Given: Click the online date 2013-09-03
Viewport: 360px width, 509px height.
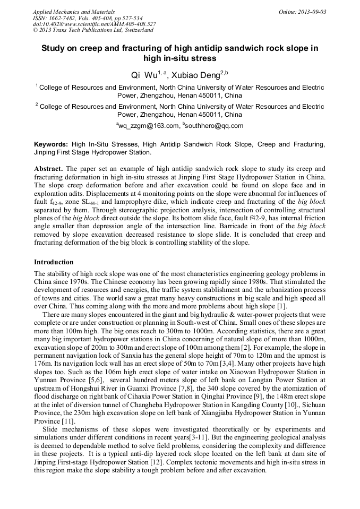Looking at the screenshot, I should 310,11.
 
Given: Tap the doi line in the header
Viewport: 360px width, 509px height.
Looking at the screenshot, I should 95,24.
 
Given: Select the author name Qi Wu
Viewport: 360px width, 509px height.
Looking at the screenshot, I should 144,75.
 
